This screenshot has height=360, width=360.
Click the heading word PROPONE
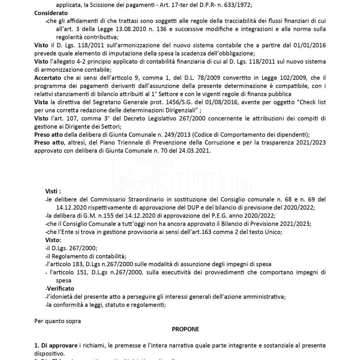click(185, 329)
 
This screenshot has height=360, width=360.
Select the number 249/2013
click(175, 134)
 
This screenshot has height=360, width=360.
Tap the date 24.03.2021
click(196, 150)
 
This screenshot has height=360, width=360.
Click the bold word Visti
click(53, 191)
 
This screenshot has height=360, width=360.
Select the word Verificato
click(60, 288)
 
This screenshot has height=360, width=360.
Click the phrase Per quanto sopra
click(53, 321)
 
